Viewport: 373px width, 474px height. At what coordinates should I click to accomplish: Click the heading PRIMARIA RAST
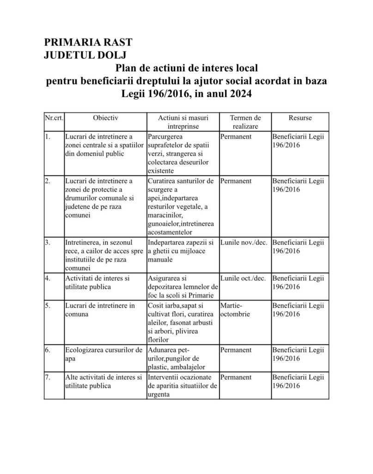pyautogui.click(x=88, y=43)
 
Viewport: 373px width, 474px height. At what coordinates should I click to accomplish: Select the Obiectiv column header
pyautogui.click(x=105, y=118)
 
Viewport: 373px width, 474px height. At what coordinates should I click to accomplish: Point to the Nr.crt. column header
pyautogui.click(x=54, y=118)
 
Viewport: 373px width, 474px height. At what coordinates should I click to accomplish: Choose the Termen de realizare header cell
pyautogui.click(x=245, y=122)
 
